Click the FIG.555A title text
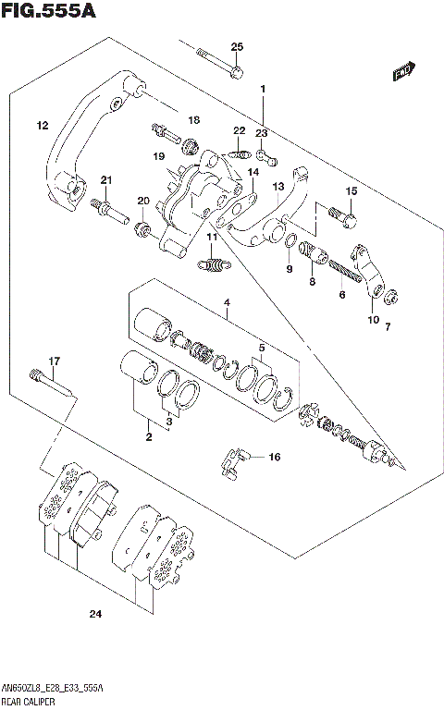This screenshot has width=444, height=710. (47, 11)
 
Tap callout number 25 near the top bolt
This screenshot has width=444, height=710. (237, 47)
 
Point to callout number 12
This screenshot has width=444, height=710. (43, 125)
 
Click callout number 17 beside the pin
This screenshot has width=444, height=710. (54, 361)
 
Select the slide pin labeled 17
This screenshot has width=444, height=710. (50, 383)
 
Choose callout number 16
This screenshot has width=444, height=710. (274, 457)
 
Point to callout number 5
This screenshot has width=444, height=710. (263, 348)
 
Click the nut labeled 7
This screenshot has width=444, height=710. (392, 298)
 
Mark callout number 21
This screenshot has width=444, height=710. (106, 179)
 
